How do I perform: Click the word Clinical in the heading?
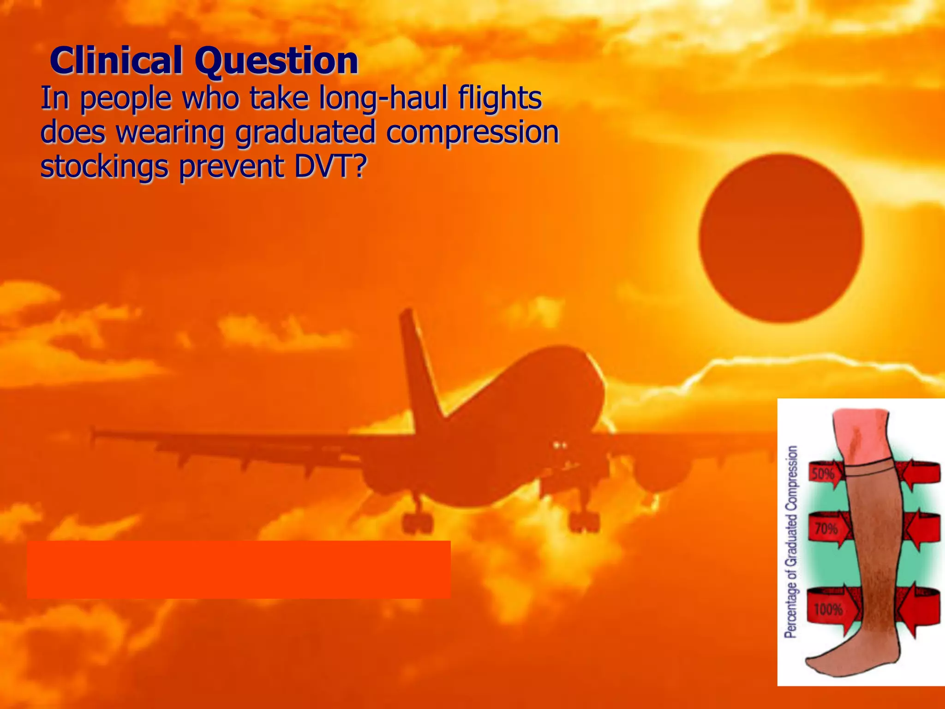(x=115, y=61)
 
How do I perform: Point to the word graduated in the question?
(x=305, y=133)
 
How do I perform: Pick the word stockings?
(x=104, y=167)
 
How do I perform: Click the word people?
(x=125, y=99)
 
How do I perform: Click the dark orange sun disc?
(x=780, y=238)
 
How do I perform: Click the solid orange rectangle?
(x=239, y=569)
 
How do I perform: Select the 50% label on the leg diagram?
(x=823, y=474)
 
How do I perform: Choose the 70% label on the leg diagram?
(x=825, y=528)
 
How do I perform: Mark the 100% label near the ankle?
(x=828, y=610)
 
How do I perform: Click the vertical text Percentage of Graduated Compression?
(x=791, y=542)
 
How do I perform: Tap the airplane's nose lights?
(x=560, y=445)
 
